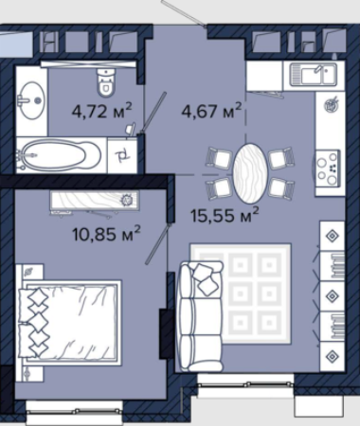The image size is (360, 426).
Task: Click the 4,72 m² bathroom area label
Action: tap(101, 111)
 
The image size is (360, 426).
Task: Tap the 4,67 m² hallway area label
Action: tap(211, 111)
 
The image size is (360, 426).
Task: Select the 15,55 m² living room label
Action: tap(225, 216)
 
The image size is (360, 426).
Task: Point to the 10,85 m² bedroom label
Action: tap(106, 234)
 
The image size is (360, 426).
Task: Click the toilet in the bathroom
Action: tap(105, 81)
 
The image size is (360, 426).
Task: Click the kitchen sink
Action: tap(314, 75)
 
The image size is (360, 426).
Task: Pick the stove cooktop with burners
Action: tap(328, 169)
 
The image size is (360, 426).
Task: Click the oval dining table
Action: tap(250, 173)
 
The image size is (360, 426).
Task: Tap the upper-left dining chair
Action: tap(220, 157)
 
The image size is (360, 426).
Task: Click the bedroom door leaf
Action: tap(158, 244)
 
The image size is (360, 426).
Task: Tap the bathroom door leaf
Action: tap(153, 113)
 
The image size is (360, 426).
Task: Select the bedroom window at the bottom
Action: tap(74, 411)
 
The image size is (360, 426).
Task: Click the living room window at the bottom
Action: tap(245, 384)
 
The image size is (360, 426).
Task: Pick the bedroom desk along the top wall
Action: tap(94, 202)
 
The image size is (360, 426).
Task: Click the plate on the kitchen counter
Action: tap(332, 104)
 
